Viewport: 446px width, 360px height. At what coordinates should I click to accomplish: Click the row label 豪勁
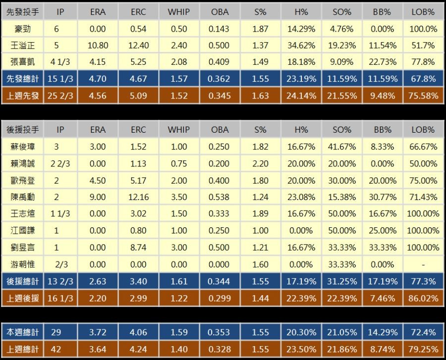22,29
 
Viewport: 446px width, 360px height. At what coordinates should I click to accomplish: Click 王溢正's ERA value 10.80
98,46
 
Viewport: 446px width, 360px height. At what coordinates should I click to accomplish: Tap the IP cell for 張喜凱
60,62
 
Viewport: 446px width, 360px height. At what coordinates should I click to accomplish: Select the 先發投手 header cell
22,12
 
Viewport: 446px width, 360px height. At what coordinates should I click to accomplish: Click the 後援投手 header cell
22,130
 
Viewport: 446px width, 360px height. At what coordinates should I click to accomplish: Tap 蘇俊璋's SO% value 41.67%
342,147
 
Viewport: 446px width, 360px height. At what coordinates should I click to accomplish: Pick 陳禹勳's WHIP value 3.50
178,197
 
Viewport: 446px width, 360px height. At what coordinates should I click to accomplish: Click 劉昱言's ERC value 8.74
138,248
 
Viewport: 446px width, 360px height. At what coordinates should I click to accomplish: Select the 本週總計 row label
22,332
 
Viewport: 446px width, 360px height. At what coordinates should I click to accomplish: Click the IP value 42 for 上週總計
56,349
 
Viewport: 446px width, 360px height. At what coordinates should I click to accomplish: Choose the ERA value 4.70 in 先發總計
98,79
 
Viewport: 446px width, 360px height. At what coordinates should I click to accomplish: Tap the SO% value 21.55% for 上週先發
342,96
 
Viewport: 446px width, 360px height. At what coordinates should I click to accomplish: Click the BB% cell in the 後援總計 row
383,281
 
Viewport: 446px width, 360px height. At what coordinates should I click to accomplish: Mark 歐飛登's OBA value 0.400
219,180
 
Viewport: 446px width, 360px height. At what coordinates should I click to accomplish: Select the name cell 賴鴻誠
22,163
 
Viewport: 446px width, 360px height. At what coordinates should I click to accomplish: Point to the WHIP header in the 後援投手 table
178,130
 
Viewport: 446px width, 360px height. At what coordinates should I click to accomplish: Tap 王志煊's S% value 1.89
260,214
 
